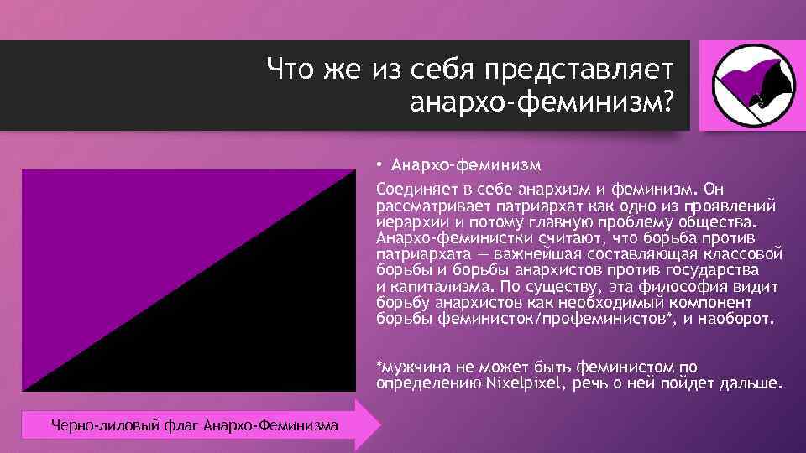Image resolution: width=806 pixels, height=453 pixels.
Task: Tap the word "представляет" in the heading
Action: tap(568, 68)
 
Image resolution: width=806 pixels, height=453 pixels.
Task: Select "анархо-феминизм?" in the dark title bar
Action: tap(542, 102)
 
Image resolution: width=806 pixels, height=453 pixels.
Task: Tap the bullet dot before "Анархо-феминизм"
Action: tap(379, 163)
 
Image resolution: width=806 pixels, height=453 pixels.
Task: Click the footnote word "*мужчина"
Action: tap(409, 367)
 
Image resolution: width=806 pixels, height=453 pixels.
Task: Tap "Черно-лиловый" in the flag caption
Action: tap(93, 427)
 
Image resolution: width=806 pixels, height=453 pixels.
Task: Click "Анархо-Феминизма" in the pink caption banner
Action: tap(271, 427)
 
